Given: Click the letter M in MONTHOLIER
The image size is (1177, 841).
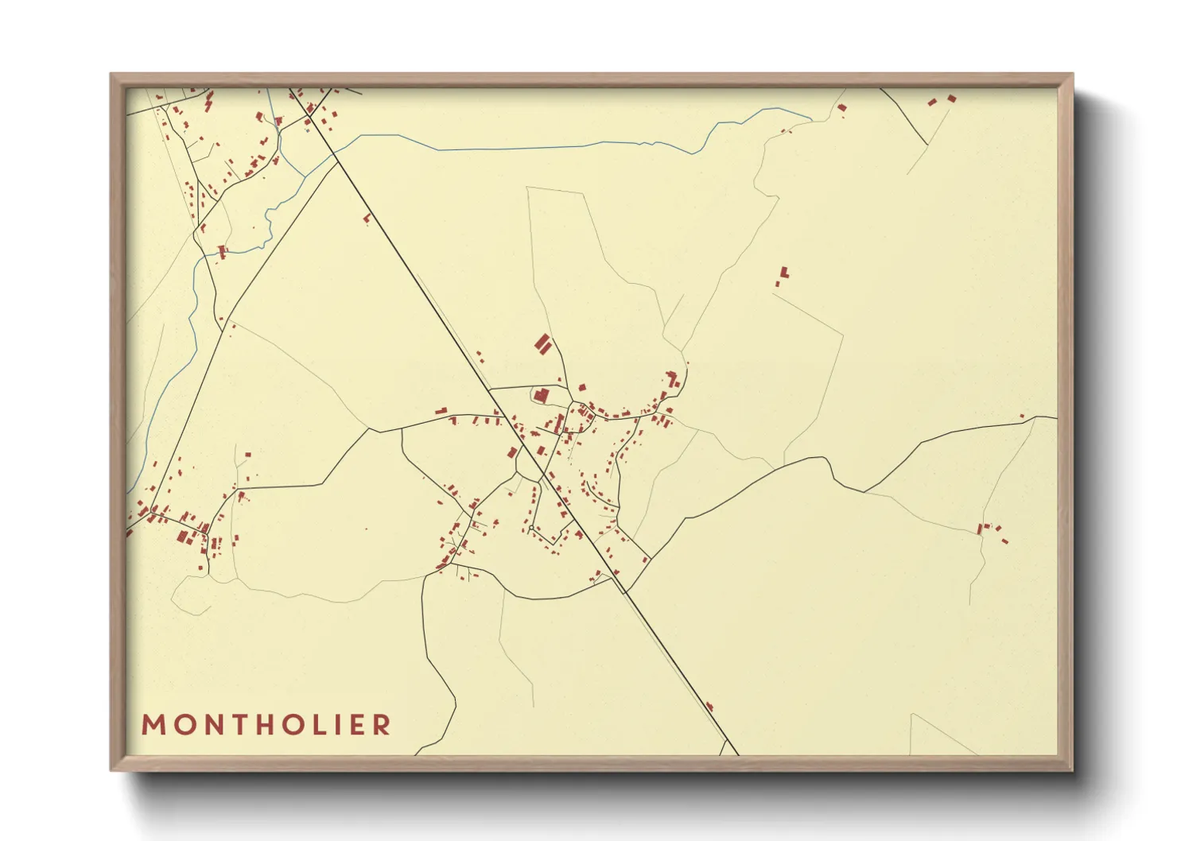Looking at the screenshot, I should coord(153,725).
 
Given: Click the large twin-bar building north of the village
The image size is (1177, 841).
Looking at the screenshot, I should coord(544,344).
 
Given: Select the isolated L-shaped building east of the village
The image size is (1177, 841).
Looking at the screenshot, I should coord(784,273).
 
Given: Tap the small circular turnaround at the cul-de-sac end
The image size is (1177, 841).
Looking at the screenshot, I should coord(530,527).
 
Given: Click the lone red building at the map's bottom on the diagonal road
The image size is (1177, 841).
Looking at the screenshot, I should coord(709,706).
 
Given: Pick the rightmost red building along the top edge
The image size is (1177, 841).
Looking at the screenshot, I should coord(952,99).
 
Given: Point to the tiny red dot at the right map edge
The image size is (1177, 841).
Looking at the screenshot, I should coord(1022,416).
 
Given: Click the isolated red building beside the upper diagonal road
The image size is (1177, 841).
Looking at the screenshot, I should coord(367,217).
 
